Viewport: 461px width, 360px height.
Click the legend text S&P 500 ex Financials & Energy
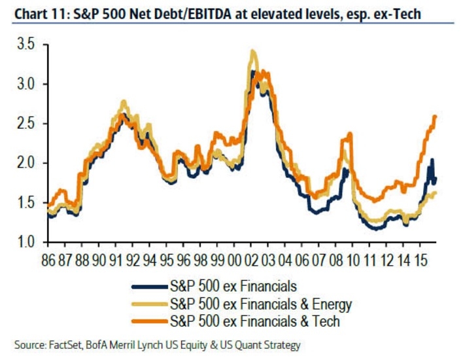[x=260, y=304]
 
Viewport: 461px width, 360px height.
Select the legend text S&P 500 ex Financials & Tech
[x=254, y=321]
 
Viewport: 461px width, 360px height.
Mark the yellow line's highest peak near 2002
[x=252, y=51]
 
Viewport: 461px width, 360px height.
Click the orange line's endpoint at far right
[x=435, y=117]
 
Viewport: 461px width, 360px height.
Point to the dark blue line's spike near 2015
[x=432, y=160]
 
